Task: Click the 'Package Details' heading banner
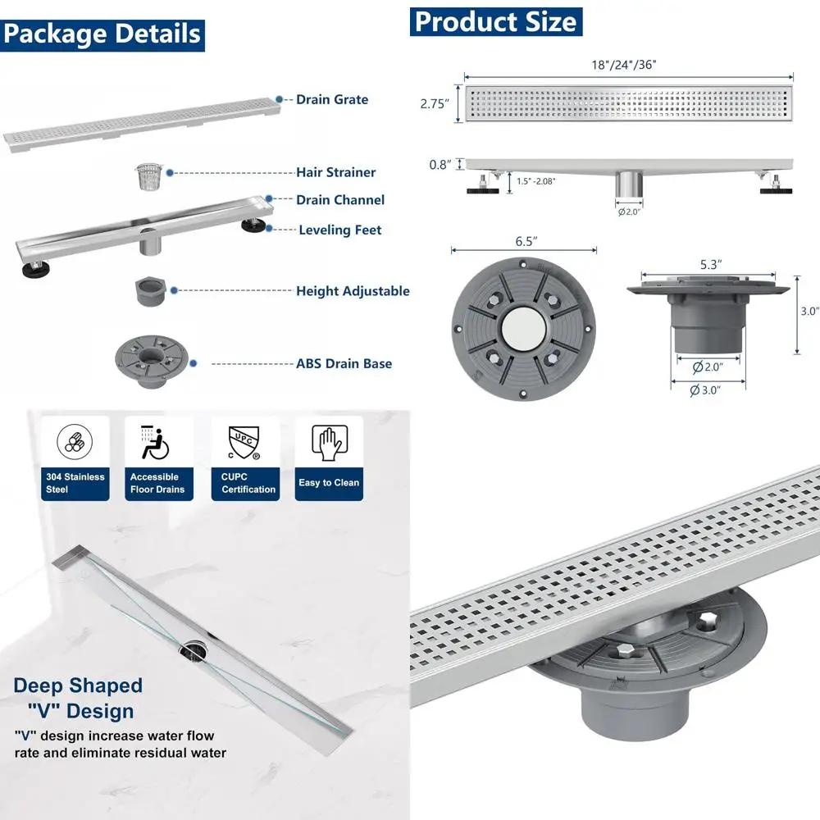coord(102,34)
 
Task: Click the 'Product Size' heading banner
coord(495,21)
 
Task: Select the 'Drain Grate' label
coord(332,99)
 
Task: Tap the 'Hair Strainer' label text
coord(335,172)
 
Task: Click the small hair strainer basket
coord(148,176)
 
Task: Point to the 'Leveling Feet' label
coord(339,230)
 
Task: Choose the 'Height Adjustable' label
coord(353,291)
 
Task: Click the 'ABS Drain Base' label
coord(344,363)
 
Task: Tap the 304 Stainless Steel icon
coord(75,444)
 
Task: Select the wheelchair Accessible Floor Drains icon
coord(157,444)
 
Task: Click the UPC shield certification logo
coord(244,444)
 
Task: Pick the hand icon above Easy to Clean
coord(328,444)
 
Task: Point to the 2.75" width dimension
coord(435,104)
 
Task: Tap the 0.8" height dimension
coord(440,165)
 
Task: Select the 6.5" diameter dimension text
coord(524,243)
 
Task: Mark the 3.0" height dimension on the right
coord(809,312)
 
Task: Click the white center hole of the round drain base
coord(522,326)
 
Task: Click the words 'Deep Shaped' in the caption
coord(78,686)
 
